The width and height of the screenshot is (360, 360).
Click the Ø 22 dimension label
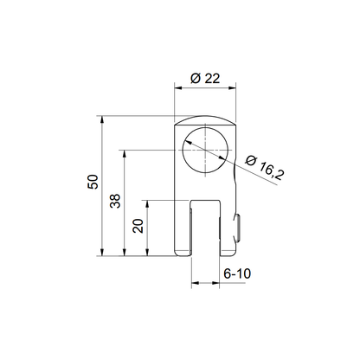[205, 79]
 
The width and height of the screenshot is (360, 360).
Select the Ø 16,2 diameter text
[265, 168]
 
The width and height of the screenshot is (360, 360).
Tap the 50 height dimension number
[93, 182]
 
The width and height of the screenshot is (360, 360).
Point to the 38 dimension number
[115, 201]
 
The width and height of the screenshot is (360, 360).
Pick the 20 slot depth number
[138, 226]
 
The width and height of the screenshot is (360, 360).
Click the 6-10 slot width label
[237, 273]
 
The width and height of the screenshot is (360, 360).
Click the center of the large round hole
[205, 150]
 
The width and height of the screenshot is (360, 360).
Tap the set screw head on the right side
[238, 228]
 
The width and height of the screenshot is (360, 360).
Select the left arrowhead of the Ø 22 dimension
[178, 88]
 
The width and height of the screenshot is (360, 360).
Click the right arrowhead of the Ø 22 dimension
[232, 88]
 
